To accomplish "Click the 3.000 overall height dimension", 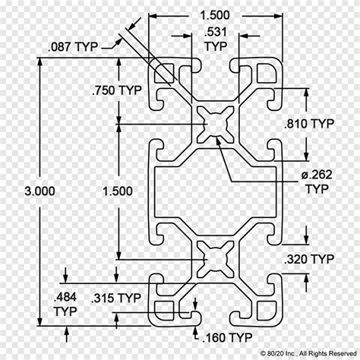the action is click(x=39, y=191).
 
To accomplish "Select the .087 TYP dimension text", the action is click(x=73, y=47).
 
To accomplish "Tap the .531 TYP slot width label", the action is click(x=216, y=39).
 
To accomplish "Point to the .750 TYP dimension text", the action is click(x=117, y=90).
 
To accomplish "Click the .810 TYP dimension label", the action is click(x=309, y=124).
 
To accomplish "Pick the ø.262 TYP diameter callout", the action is click(x=317, y=182).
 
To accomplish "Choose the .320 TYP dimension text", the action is click(x=309, y=259).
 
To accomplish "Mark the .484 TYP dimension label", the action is click(x=65, y=304).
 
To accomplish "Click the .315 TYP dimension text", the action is click(x=116, y=298).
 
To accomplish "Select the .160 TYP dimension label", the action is click(x=227, y=337).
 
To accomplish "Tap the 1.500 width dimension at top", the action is click(x=215, y=15).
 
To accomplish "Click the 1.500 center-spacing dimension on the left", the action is click(x=118, y=191).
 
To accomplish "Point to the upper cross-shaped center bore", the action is click(x=216, y=124).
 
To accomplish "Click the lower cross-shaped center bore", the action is click(x=216, y=260).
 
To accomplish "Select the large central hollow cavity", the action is click(x=216, y=191).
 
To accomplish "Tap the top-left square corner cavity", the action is click(x=164, y=73).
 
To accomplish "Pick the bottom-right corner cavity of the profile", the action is click(x=267, y=311).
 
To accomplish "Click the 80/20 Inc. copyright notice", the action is click(x=308, y=353).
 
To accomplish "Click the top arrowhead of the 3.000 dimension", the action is click(x=39, y=62).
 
